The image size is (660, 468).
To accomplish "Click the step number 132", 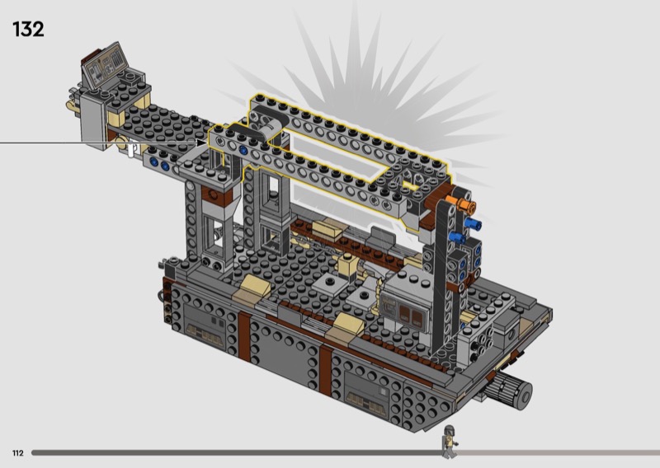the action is click(x=28, y=30).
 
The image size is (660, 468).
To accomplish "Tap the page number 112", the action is click(x=17, y=453).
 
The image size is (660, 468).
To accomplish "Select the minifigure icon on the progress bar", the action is click(x=449, y=442).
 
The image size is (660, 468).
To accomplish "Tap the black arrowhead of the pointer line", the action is click(x=203, y=143).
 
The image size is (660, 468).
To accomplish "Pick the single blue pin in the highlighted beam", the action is click(x=243, y=150).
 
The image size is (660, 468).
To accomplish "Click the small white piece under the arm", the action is click(x=132, y=150).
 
